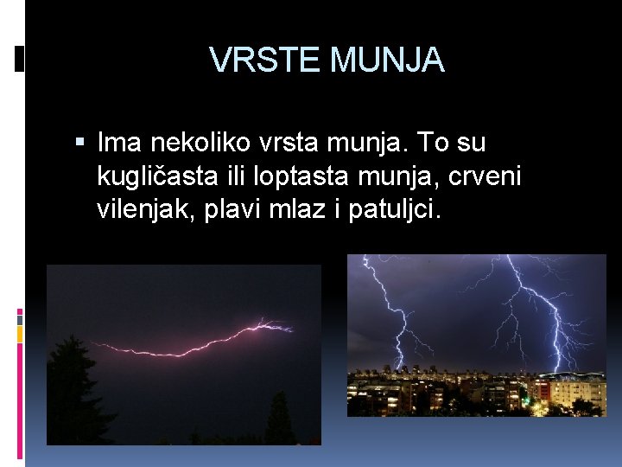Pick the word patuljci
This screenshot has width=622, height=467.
tap(395, 211)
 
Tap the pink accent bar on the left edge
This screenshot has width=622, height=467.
tap(20, 318)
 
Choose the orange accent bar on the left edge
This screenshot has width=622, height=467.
tap(20, 336)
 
